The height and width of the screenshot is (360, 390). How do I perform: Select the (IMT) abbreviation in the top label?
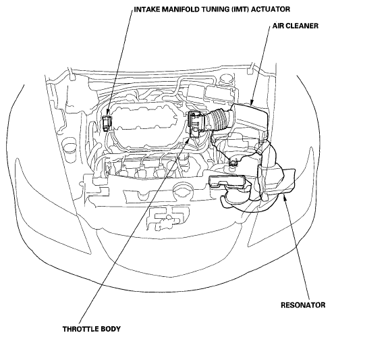(x=240, y=9)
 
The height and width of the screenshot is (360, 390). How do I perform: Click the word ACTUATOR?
(x=271, y=9)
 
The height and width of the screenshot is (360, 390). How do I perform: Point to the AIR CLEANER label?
(x=296, y=26)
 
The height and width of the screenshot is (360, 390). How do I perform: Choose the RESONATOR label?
(x=303, y=305)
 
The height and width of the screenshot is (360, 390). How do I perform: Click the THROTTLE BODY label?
(x=92, y=329)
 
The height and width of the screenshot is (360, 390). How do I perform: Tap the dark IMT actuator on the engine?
(x=107, y=123)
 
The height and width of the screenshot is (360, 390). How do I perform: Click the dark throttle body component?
(x=196, y=124)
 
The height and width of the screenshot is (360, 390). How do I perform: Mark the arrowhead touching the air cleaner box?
(x=252, y=103)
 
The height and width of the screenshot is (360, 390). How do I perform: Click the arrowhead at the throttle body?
(x=188, y=141)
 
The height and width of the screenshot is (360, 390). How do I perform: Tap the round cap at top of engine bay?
(x=226, y=79)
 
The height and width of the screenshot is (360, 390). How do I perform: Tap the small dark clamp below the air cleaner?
(x=233, y=163)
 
